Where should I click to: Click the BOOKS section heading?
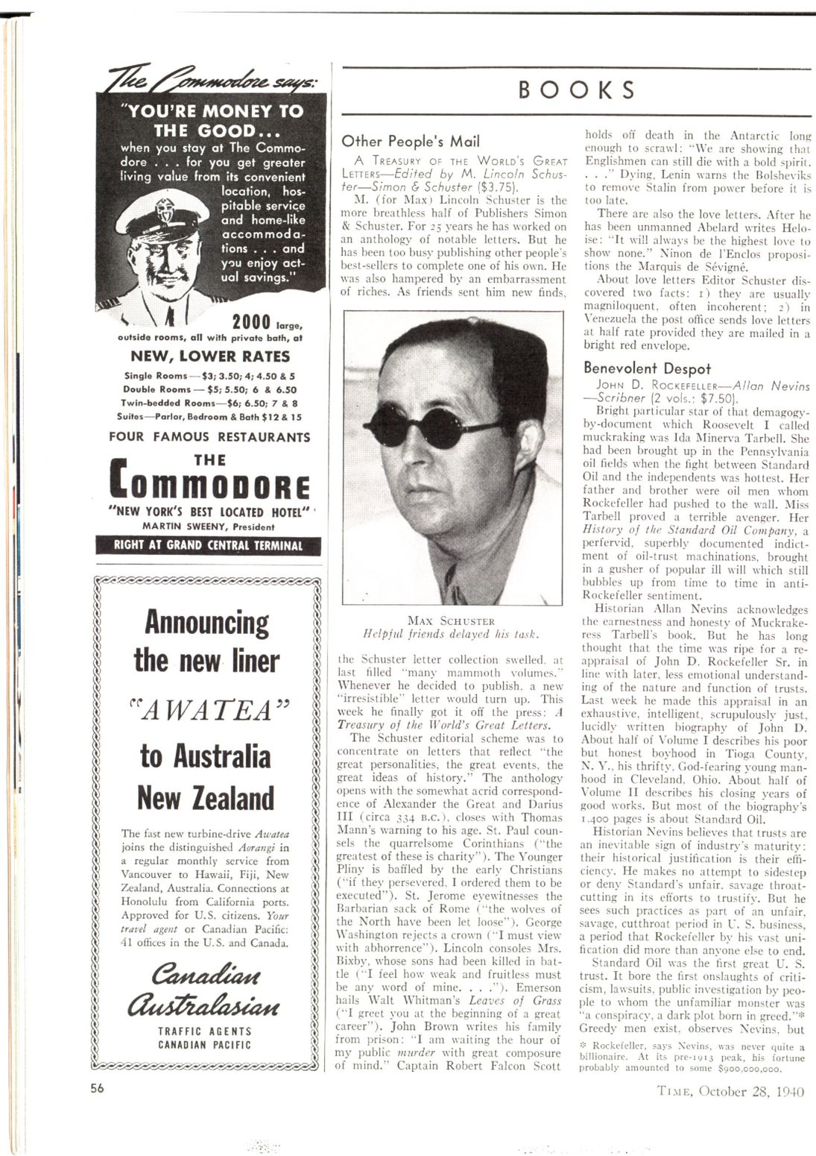577,89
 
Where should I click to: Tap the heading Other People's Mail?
411,141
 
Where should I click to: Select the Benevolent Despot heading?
647,368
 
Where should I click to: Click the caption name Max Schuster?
452,620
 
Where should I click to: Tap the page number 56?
98,1087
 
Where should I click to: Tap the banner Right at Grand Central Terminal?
209,545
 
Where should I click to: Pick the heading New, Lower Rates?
209,356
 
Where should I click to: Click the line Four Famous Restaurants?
209,436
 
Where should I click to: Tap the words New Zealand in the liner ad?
206,799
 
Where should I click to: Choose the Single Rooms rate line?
209,376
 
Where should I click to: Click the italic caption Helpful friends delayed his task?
450,634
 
